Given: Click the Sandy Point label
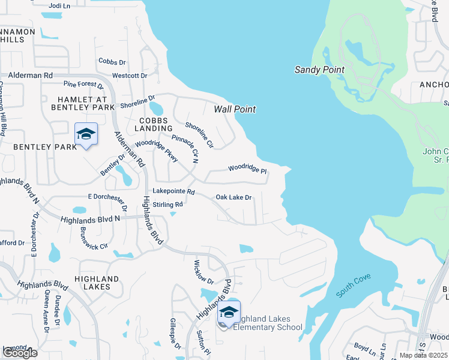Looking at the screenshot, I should point(319,70).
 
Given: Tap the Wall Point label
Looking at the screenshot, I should point(235,109).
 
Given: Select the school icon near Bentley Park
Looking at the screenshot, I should point(86,134).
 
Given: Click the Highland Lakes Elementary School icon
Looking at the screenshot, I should point(229,313).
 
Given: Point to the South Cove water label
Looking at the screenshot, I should point(354,286).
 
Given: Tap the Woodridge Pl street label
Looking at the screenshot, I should point(247,170).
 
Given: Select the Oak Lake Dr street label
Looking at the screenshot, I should point(234,197).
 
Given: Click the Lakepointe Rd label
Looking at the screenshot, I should point(174,192).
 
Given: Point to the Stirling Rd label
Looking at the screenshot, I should point(168,204).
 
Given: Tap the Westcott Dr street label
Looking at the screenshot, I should point(130,76).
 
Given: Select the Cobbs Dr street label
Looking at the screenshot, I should point(112,62).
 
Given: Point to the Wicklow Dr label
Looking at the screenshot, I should point(204,272).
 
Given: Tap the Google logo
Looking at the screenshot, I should point(20,353).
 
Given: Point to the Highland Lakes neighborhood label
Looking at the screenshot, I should point(97,283).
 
